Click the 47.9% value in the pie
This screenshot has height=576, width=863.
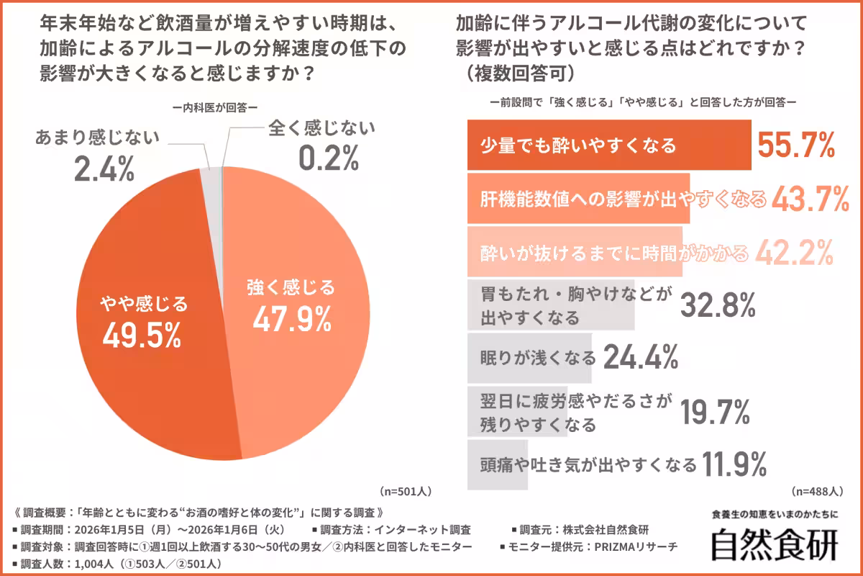coord(291,318)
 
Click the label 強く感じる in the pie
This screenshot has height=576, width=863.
coord(291,288)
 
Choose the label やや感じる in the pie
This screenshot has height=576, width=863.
coord(143,304)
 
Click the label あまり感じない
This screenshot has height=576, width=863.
coord(96,138)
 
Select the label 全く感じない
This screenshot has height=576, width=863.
coord(322,129)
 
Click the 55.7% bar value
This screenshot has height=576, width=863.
coord(796,146)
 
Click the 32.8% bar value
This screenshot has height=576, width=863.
coord(718,306)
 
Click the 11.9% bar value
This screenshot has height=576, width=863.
coord(736,464)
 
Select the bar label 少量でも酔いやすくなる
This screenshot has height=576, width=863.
coord(578,146)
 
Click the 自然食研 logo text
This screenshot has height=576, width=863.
coord(775,546)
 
